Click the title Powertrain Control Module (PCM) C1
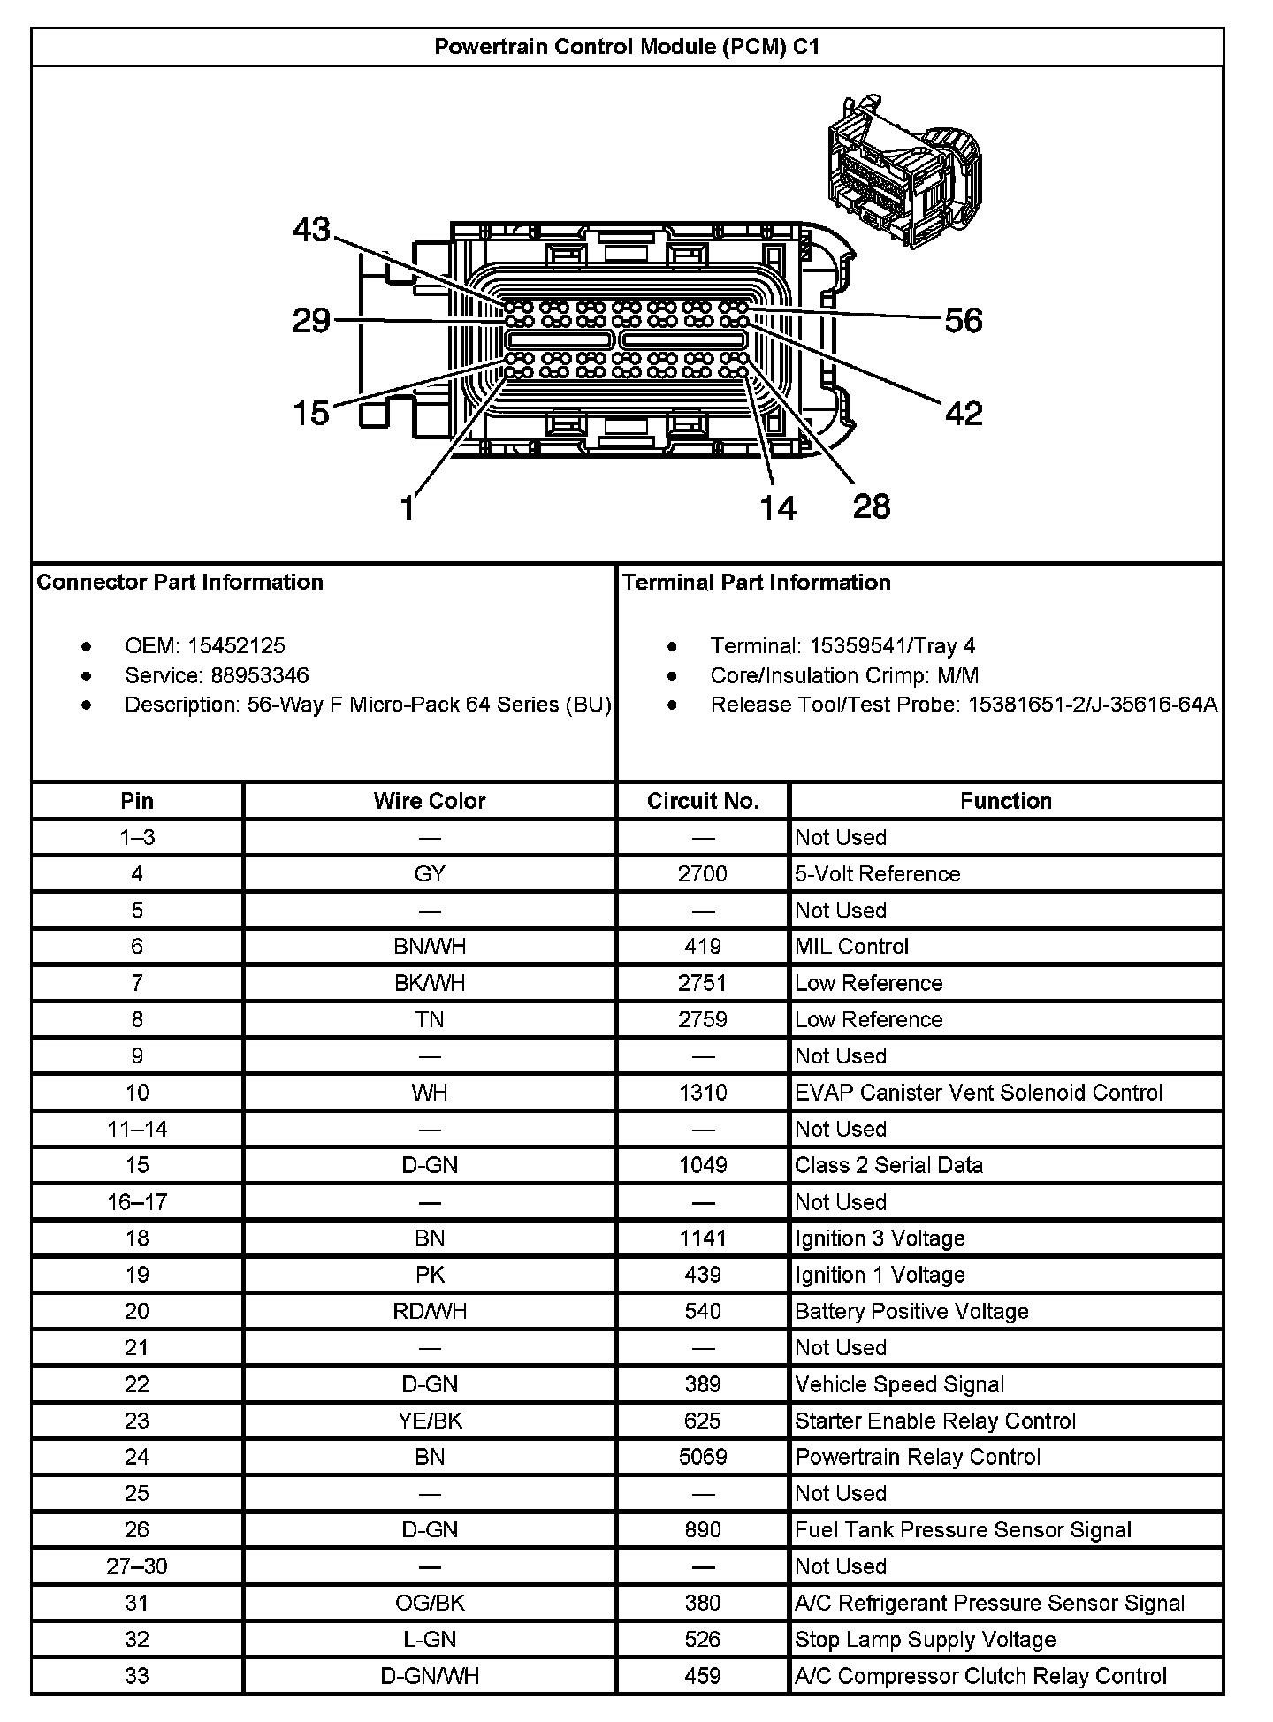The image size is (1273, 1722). (627, 47)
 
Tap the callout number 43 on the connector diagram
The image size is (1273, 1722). (311, 230)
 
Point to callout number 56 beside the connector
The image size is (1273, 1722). (964, 321)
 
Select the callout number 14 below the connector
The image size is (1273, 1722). (778, 507)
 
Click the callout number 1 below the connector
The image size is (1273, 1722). (407, 508)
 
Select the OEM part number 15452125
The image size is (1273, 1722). (236, 646)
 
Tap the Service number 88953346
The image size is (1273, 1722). (260, 676)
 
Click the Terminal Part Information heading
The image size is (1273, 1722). (756, 583)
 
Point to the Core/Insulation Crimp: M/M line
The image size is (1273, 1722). (844, 676)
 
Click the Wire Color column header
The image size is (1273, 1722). (430, 801)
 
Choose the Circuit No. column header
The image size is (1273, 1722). (703, 801)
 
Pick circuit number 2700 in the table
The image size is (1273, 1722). (703, 874)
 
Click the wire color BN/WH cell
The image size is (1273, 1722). (430, 947)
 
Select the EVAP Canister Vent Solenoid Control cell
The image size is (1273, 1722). (979, 1093)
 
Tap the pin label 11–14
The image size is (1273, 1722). (137, 1129)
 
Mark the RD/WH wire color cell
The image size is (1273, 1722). (430, 1311)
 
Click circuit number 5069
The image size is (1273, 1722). (703, 1457)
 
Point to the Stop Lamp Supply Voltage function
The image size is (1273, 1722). (926, 1640)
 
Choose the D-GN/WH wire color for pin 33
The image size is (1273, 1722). (430, 1676)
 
